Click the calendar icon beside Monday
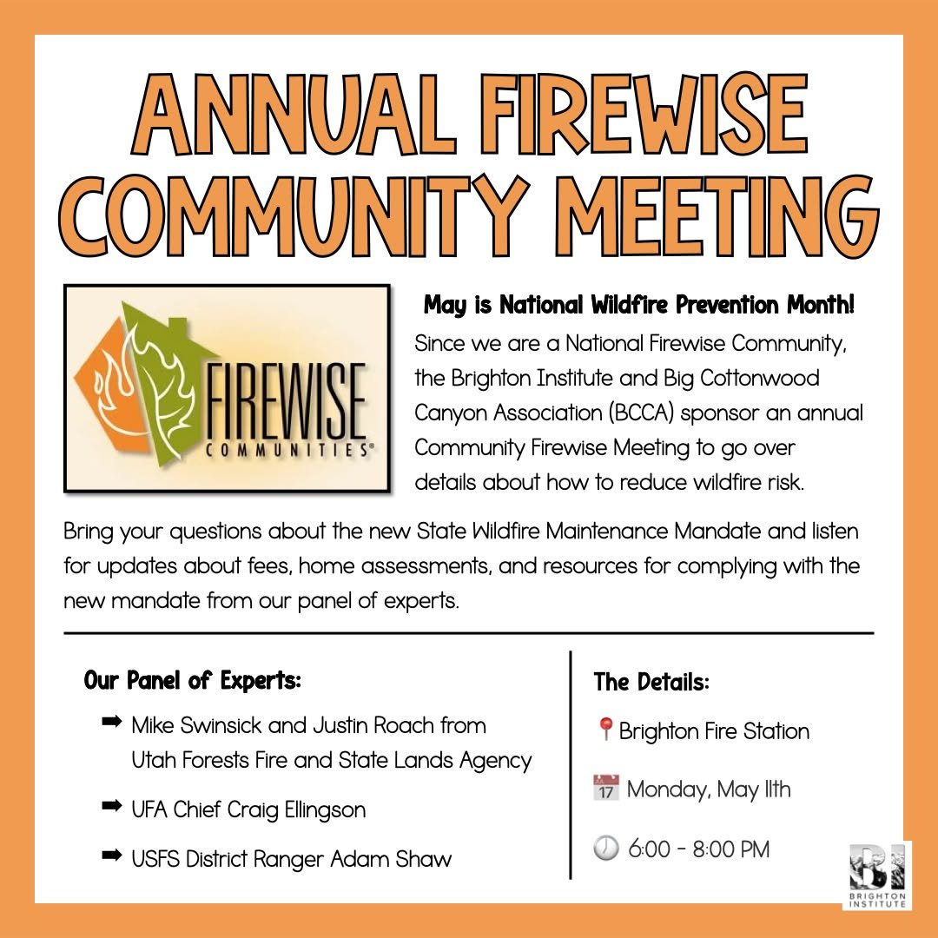pyautogui.click(x=605, y=789)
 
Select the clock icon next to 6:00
pyautogui.click(x=605, y=849)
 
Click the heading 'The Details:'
pyautogui.click(x=652, y=682)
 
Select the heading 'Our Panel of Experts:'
pyautogui.click(x=193, y=680)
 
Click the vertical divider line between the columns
pyautogui.click(x=571, y=764)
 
